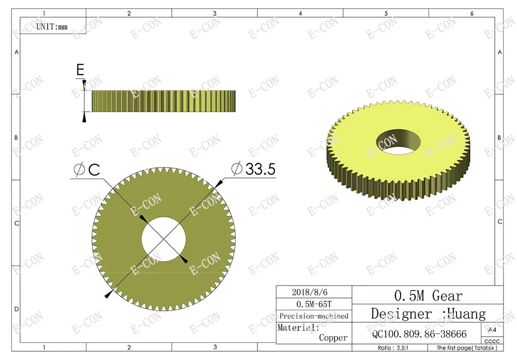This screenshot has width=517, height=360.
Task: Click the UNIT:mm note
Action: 52,27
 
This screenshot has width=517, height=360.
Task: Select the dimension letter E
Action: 80,70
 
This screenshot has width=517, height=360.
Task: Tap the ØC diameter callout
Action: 87,170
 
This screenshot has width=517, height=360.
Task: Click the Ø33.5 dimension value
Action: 253,169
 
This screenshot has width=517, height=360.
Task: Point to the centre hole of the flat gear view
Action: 164,239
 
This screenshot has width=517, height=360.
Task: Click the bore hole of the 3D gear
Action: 398,142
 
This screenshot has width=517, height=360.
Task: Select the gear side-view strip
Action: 163,101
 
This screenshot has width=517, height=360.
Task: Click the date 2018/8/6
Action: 310,292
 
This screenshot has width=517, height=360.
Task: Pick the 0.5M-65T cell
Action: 314,304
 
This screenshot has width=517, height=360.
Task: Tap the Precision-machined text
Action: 314,316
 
